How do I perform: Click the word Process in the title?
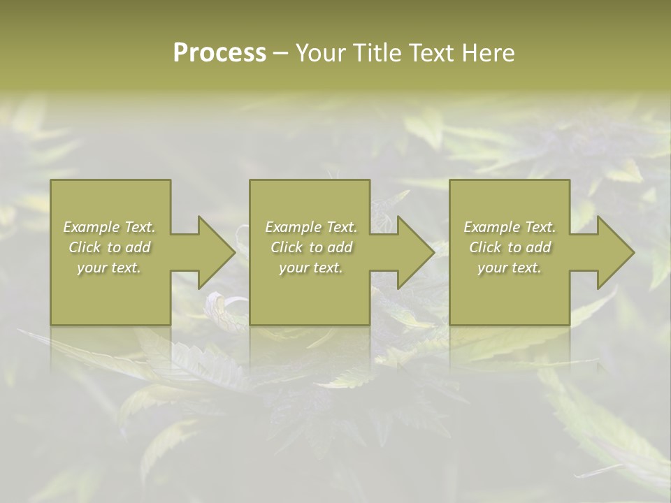(x=219, y=53)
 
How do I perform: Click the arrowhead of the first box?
(x=216, y=252)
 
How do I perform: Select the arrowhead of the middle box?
(x=415, y=252)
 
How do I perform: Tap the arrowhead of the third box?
(x=614, y=252)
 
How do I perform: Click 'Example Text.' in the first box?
(x=110, y=227)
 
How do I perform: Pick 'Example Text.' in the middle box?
(x=311, y=227)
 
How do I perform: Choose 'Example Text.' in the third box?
(x=510, y=227)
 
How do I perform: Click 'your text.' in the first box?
(x=109, y=268)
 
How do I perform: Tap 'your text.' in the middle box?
(x=311, y=268)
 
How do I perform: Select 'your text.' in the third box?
(x=510, y=268)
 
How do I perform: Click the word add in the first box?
(x=138, y=247)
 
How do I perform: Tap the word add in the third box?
(x=539, y=247)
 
